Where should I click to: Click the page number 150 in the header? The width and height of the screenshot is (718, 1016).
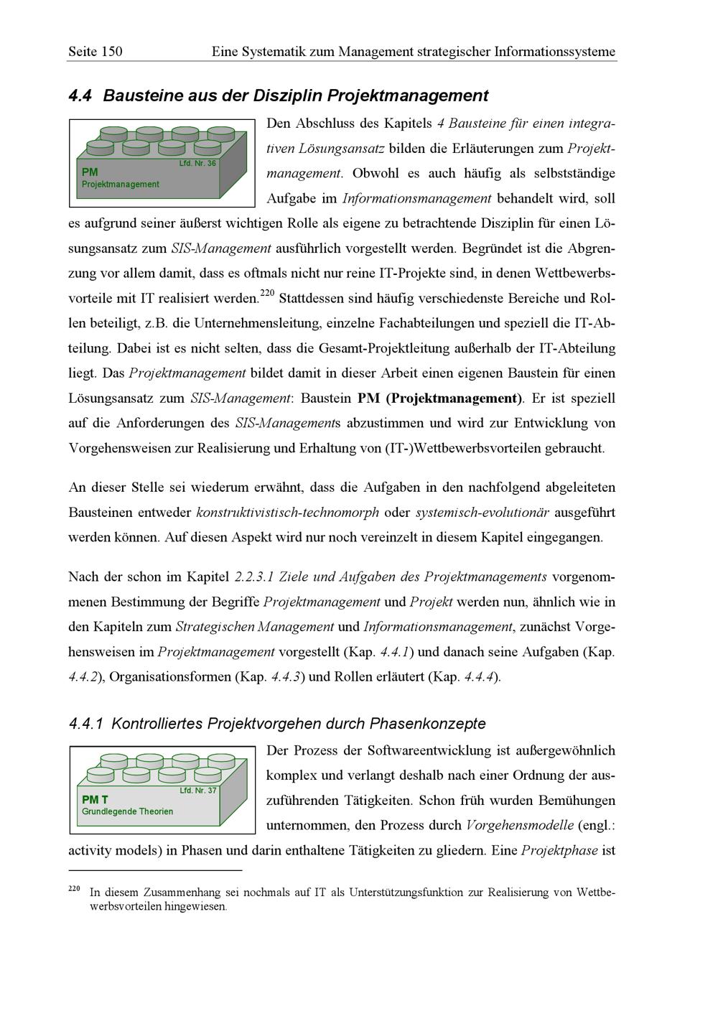point(112,51)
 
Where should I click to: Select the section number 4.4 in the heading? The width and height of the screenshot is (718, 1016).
point(80,95)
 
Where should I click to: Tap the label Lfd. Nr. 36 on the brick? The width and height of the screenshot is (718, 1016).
point(197,164)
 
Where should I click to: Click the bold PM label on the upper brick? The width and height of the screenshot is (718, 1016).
point(90,172)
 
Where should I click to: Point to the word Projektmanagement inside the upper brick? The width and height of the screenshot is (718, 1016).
point(121,185)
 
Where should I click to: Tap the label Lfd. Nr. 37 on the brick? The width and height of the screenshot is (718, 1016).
point(197,791)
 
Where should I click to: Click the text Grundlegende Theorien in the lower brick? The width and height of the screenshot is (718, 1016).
point(127,811)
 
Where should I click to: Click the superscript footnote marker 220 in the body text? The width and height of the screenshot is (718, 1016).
point(267,293)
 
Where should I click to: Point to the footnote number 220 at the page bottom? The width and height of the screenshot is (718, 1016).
point(74,889)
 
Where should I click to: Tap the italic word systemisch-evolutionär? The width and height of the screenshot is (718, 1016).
point(482,513)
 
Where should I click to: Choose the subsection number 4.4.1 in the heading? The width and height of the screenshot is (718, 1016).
point(85,724)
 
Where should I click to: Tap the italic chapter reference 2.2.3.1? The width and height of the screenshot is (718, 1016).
point(254,577)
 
